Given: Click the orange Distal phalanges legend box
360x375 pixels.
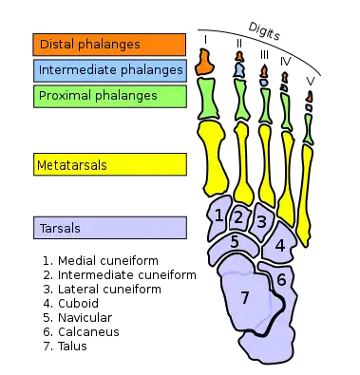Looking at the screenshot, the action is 108,44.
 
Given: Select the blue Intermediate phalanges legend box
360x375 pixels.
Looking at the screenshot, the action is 108,69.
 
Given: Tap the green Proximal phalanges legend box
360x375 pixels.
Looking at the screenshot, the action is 108,95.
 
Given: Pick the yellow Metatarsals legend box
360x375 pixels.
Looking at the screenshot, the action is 108,165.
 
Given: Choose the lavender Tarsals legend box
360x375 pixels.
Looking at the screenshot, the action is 108,228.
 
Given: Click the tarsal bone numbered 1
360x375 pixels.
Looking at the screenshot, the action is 219,216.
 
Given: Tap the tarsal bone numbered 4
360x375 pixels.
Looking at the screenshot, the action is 279,244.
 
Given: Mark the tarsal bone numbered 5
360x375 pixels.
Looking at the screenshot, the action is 235,242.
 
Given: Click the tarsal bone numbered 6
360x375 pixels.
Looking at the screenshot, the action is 281,279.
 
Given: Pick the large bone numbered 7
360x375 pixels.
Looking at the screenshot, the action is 244,297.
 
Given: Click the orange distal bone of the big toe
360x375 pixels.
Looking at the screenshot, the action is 204,63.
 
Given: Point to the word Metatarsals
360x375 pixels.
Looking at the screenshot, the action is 71,165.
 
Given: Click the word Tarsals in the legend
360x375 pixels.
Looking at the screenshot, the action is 58,228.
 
